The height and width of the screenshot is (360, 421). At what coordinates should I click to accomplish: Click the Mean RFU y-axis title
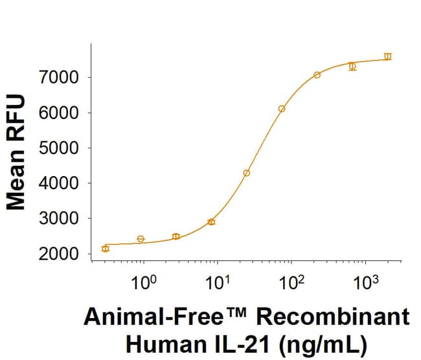tap(17, 153)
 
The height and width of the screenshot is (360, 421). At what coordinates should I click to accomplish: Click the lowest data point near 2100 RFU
tap(106, 249)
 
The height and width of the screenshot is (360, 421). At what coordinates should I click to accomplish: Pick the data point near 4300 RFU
tap(247, 173)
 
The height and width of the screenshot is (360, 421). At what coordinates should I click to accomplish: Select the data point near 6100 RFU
tap(282, 109)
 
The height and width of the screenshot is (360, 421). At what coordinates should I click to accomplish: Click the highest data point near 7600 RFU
tap(387, 56)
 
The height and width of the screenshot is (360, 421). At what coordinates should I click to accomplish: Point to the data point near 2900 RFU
tap(211, 222)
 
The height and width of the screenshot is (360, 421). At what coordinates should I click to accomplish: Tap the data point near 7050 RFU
tap(317, 75)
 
